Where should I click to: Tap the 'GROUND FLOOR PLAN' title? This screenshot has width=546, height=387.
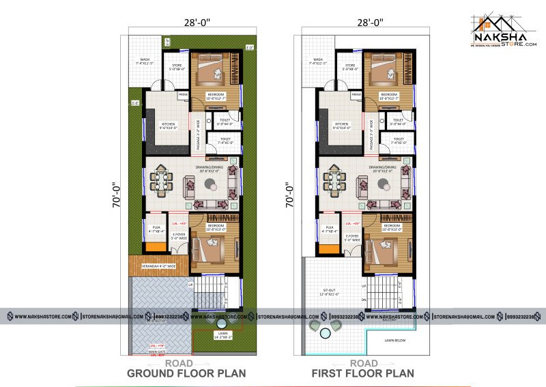[x=186, y=373]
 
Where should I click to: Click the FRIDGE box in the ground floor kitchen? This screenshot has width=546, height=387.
[x=184, y=95]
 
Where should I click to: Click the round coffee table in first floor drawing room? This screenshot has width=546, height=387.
[x=379, y=182]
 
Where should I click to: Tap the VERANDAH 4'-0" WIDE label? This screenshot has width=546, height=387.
[x=158, y=266]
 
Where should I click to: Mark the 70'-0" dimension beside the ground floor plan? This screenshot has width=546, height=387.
[x=117, y=194]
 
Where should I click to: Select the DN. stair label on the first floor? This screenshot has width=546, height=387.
[x=364, y=299]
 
